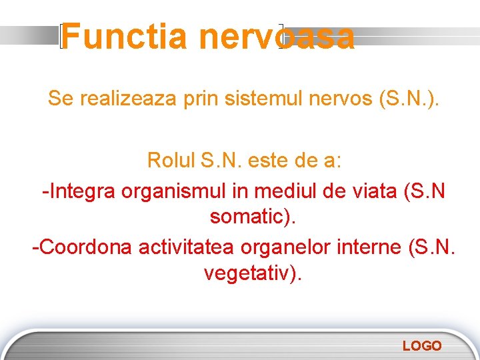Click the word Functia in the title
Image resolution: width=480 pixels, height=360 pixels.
click(125, 37)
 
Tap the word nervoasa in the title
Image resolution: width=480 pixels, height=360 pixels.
click(276, 37)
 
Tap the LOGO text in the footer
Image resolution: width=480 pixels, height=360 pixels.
click(421, 345)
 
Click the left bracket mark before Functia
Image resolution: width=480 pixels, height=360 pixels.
click(61, 37)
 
